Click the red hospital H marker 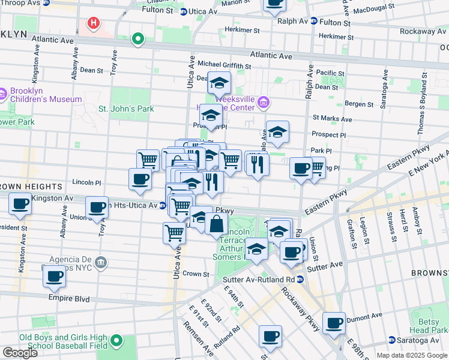pyautogui.click(x=93, y=23)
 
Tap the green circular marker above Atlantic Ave pyautogui.click(x=138, y=40)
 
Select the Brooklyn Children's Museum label pyautogui.click(x=46, y=95)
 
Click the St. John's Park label pyautogui.click(x=126, y=109)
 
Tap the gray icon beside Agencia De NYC pyautogui.click(x=101, y=262)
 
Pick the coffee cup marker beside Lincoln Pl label pyautogui.click(x=140, y=178)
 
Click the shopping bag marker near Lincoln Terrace pyautogui.click(x=216, y=224)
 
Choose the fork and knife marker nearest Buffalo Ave pyautogui.click(x=258, y=163)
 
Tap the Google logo pyautogui.click(x=20, y=353)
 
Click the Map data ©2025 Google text pyautogui.click(x=412, y=355)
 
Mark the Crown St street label pyautogui.click(x=196, y=274)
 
